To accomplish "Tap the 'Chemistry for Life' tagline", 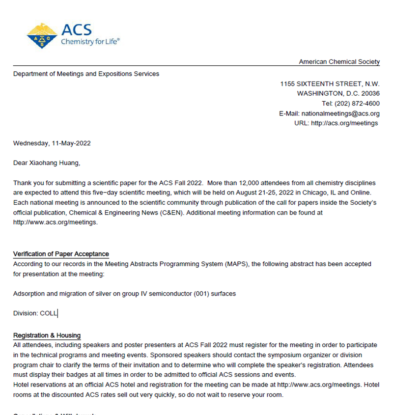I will [90, 42].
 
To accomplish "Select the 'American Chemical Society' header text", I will [339, 62].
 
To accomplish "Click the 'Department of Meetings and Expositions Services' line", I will [86, 74].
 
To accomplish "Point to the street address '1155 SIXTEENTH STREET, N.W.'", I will [330, 84].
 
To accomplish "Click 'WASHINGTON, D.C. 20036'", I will [338, 94].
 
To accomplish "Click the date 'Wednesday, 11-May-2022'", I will [52, 143].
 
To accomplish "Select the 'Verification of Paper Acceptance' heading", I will [61, 254].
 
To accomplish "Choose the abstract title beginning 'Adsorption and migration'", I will [124, 294].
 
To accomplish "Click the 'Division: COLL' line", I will [35, 313].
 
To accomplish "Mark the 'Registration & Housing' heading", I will [47, 335].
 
